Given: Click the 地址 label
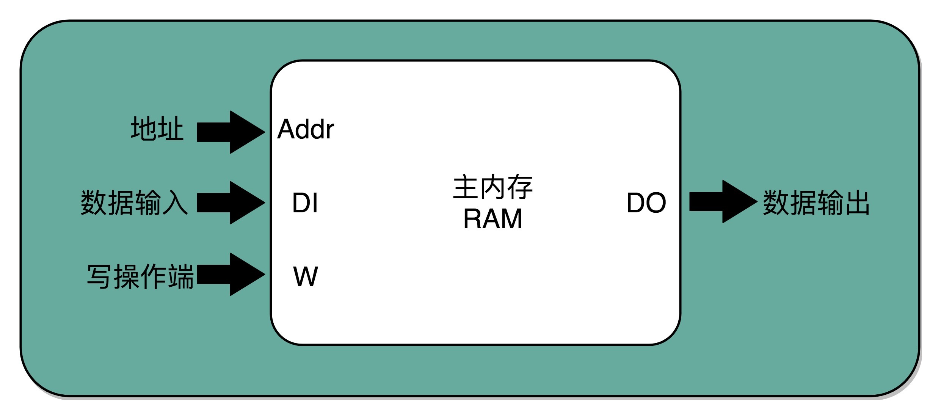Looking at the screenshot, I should pos(157,129).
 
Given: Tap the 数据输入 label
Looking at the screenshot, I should pos(134,202).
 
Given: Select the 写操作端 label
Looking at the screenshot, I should pos(140,276).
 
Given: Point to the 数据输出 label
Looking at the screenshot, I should pos(816,202).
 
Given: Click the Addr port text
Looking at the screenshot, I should pos(306,129).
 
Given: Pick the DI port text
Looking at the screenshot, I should pos(305,203).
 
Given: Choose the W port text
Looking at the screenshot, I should pos(306,276).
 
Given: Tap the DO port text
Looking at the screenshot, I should pos(646,203).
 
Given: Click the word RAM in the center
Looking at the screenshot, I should pos(492,219).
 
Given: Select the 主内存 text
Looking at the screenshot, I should pos(493,187).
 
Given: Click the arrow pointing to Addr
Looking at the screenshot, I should pos(231,132).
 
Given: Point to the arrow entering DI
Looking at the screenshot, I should pos(231,202).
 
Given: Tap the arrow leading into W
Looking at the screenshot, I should pos(231,274).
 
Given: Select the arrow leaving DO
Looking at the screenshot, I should pos(723,201).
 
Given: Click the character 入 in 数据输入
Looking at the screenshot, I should pos(176,202).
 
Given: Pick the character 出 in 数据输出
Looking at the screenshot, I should pos(857,202).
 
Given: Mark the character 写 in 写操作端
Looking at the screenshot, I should pos(99,276).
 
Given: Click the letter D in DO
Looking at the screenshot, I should pos(637,203).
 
